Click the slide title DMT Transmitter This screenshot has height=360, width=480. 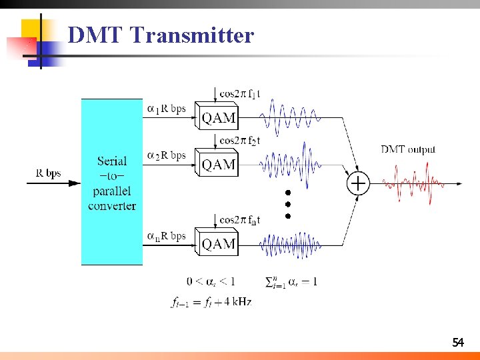point(161,35)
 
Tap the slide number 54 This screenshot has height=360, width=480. point(457,343)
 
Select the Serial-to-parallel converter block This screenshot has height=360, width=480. point(112,182)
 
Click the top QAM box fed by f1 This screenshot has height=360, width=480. point(217,117)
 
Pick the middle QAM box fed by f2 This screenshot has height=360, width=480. point(217,163)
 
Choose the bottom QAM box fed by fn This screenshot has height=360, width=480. point(217,243)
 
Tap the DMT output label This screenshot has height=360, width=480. point(408,149)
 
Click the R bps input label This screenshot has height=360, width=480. point(48,174)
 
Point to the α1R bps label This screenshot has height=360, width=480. point(166,108)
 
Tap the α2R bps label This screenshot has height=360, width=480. point(166,155)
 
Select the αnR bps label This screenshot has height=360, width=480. point(166,236)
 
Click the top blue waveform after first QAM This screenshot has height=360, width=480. point(290,118)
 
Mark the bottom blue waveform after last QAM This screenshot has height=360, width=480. point(290,245)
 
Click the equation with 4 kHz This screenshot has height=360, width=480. point(211,302)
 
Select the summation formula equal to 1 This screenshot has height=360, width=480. point(291,281)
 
